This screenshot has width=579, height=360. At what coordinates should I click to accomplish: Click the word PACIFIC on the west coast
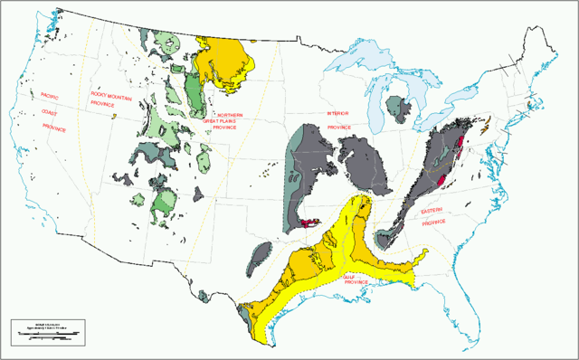pyautogui.click(x=50, y=94)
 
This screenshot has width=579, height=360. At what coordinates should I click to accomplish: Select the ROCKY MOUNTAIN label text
pyautogui.click(x=107, y=95)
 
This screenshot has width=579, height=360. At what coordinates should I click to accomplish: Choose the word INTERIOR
pyautogui.click(x=337, y=114)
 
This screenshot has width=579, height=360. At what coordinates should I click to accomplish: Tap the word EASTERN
pyautogui.click(x=432, y=211)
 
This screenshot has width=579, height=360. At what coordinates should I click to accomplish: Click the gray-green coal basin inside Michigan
pyautogui.click(x=395, y=109)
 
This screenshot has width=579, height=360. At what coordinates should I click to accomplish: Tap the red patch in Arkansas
pyautogui.click(x=313, y=221)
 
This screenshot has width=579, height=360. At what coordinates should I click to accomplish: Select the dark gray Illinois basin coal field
pyautogui.click(x=362, y=163)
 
